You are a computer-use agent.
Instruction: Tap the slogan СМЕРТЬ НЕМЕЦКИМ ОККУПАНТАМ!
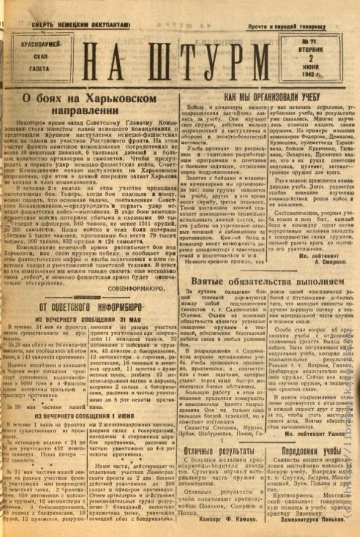point(81,24)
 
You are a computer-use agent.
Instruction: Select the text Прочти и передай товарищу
point(286,26)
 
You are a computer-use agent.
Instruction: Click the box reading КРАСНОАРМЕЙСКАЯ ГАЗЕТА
point(42,57)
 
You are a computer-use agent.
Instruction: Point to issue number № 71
point(311,43)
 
